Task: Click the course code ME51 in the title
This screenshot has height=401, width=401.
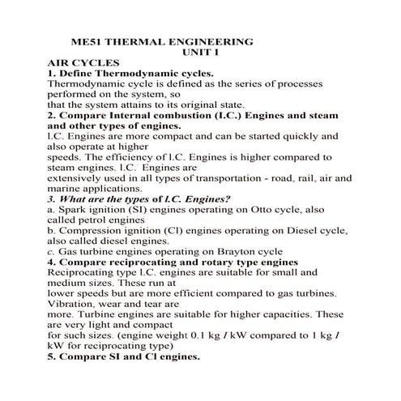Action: (x=87, y=40)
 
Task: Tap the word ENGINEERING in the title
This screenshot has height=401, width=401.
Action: (x=210, y=40)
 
